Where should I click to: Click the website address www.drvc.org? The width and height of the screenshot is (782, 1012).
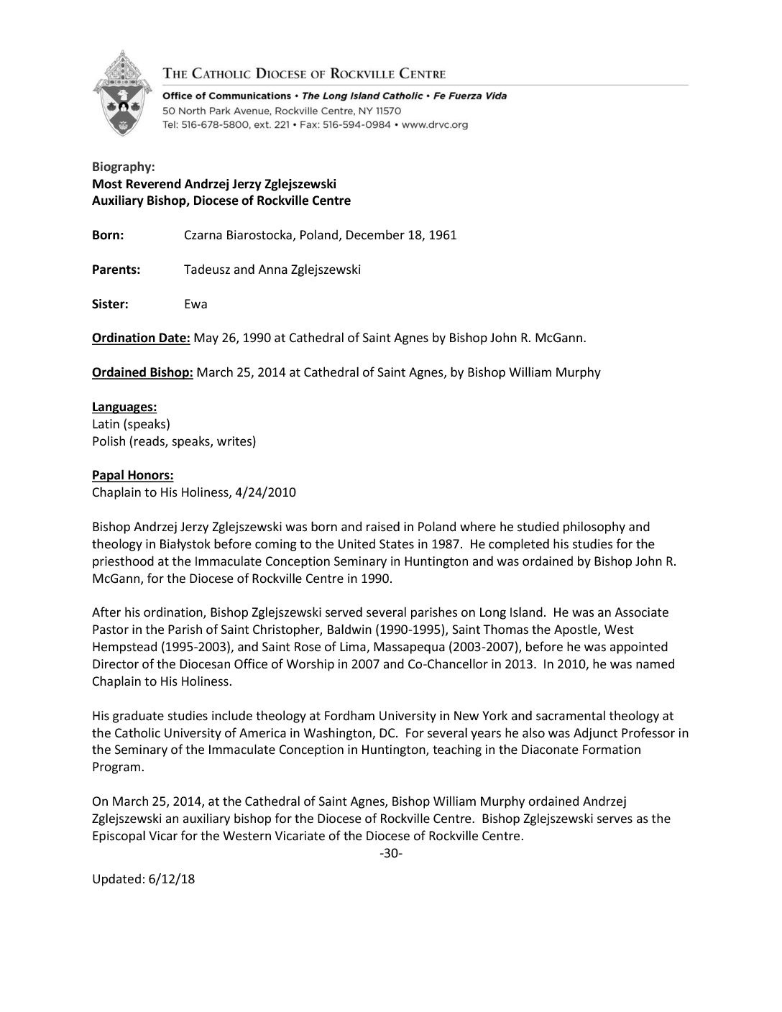[435, 125]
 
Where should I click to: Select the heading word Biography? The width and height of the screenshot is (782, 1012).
[123, 167]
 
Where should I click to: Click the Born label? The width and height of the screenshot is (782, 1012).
[108, 235]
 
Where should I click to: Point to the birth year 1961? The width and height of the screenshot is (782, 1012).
[443, 235]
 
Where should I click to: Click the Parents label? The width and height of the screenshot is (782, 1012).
[116, 270]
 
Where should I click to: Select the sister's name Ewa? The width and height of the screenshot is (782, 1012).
[195, 304]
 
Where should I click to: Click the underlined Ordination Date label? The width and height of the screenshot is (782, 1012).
[141, 338]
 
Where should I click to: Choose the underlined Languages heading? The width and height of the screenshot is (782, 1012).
[124, 407]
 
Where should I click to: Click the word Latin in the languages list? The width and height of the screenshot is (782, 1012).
[106, 424]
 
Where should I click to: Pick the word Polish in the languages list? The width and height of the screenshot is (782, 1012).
[109, 441]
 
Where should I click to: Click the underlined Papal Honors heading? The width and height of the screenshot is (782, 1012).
[132, 475]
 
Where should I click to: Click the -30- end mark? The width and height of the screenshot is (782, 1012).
[390, 853]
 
